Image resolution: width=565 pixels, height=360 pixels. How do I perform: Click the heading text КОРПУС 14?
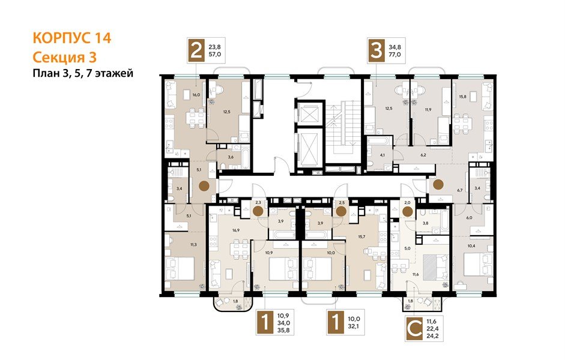click(71, 38)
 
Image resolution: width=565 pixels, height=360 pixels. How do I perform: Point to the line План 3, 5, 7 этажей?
click(82, 73)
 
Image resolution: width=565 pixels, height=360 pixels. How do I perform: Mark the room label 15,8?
click(462, 97)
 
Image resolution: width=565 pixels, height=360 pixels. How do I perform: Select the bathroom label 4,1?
click(382, 154)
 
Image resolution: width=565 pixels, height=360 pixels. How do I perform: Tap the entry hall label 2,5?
click(342, 203)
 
